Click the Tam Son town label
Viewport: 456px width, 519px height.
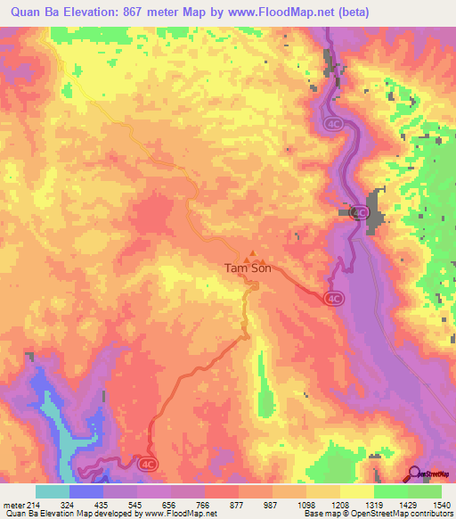pyautogui.click(x=243, y=268)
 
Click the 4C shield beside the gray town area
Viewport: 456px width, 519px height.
pyautogui.click(x=360, y=211)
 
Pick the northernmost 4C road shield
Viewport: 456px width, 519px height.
pyautogui.click(x=333, y=124)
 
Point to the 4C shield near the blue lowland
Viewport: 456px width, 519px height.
pyautogui.click(x=148, y=461)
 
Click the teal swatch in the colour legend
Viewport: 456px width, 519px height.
pyautogui.click(x=53, y=491)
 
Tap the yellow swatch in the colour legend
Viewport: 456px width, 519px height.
pyautogui.click(x=356, y=491)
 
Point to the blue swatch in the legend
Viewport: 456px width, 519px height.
pyautogui.click(x=86, y=491)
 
